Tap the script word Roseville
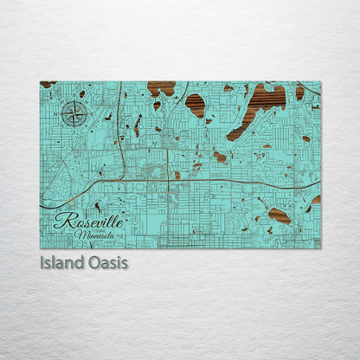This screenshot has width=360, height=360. [89, 222]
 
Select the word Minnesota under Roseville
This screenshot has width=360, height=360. [98, 235]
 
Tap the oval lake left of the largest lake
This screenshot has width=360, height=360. [196, 105]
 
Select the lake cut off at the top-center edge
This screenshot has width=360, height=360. [161, 87]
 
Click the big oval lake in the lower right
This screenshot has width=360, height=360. [279, 215]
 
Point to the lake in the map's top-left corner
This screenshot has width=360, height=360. [48, 84]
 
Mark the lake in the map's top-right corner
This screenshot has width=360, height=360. [300, 91]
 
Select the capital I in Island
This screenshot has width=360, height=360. [42, 261]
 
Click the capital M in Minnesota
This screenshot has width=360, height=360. [80, 235]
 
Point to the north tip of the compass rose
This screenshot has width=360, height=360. [74, 100]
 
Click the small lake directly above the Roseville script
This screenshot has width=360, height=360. [97, 206]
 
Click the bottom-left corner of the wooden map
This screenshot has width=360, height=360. [41, 248]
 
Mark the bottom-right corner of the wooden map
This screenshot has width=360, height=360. [320, 248]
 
